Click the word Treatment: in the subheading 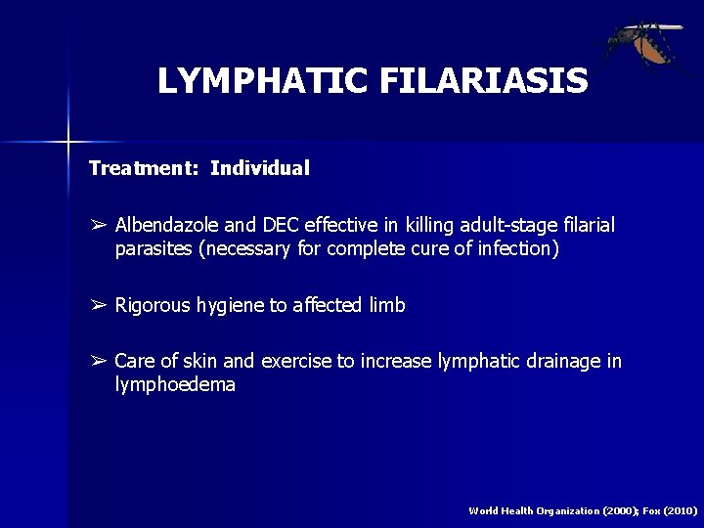(x=143, y=168)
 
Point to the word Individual (x=260, y=168)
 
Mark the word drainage (x=566, y=362)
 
